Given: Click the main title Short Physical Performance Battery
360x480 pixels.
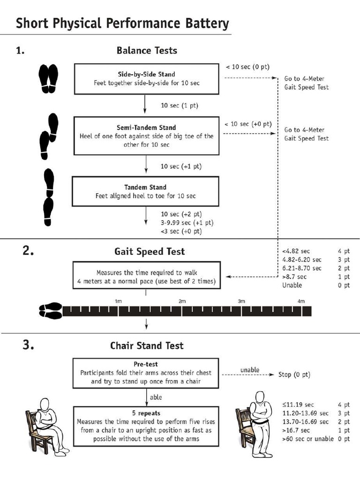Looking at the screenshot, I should [x=122, y=23].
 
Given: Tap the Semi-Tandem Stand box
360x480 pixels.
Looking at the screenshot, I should [x=147, y=136].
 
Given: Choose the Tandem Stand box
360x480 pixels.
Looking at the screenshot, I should [x=145, y=191].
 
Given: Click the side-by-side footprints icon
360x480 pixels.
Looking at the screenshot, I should [x=48, y=78].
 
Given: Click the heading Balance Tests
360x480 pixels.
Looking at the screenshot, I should [x=147, y=50].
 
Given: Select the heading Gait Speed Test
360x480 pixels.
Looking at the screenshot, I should [x=150, y=251].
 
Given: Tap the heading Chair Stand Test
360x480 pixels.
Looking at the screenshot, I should [x=147, y=345].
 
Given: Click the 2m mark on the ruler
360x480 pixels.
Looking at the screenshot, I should [x=182, y=301].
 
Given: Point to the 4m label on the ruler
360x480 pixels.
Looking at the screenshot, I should [x=301, y=301].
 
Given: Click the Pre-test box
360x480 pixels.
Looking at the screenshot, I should [x=146, y=373].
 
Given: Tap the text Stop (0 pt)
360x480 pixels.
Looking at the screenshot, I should [x=294, y=375].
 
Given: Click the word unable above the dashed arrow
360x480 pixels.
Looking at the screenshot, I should [x=249, y=370].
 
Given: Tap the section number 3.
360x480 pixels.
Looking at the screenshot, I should [x=28, y=345].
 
